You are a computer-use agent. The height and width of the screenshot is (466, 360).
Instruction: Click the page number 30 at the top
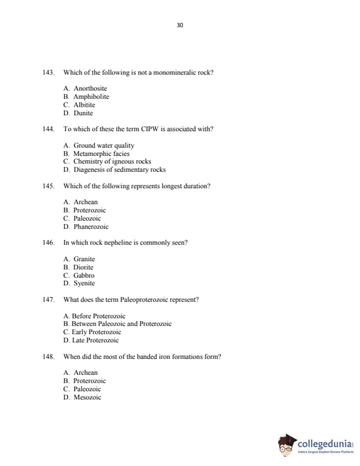click(180, 25)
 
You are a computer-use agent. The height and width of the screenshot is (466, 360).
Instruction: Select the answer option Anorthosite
click(90, 88)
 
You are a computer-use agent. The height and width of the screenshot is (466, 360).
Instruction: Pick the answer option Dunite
click(83, 113)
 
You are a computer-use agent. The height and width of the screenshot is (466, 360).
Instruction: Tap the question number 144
click(49, 129)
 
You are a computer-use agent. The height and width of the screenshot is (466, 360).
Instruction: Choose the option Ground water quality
click(104, 145)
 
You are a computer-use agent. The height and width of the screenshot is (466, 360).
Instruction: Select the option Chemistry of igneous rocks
click(112, 161)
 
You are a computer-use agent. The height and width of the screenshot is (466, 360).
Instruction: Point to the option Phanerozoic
click(91, 227)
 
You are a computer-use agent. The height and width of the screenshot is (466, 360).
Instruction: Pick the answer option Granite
click(84, 259)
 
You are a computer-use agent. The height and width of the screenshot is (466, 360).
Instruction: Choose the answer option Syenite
click(84, 283)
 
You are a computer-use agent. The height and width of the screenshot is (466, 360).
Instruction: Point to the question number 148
click(49, 357)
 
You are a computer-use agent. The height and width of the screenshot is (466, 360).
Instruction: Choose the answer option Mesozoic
click(87, 397)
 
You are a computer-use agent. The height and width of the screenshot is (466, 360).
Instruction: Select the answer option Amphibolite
click(91, 96)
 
